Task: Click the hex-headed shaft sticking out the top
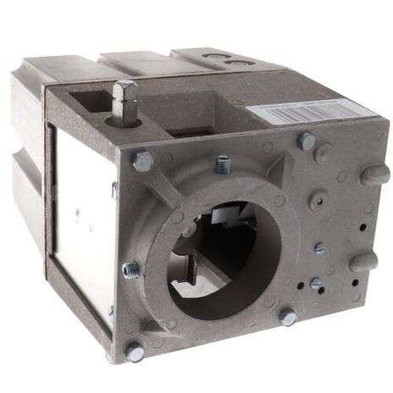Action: [x=124, y=101]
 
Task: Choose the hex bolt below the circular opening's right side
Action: [x=288, y=318]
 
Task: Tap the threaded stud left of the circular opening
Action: [x=131, y=269]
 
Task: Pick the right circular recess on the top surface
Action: [x=235, y=63]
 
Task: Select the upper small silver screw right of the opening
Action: [x=319, y=249]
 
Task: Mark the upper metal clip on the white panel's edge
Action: [x=114, y=189]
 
